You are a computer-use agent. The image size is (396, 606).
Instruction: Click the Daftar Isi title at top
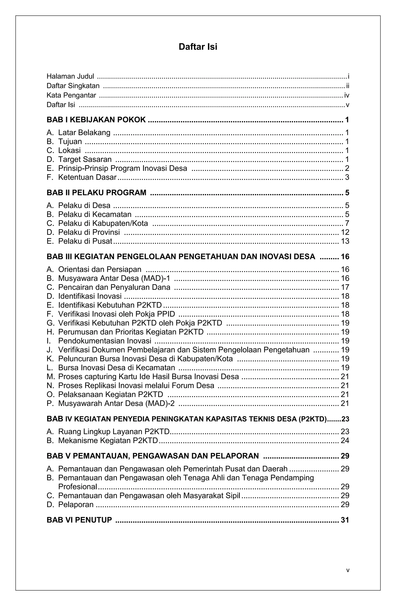198,47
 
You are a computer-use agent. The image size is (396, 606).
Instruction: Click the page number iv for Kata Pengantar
347,95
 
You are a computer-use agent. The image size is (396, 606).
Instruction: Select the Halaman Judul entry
70,76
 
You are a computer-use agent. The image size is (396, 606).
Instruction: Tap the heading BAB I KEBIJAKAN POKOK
96,120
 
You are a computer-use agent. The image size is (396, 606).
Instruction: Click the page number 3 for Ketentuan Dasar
347,177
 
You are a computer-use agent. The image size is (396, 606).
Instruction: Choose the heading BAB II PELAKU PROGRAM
96,193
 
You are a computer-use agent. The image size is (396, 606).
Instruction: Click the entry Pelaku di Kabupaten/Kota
103,223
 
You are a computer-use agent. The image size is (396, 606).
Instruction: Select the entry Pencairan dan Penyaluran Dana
114,287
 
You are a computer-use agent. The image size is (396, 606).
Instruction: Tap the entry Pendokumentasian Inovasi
105,341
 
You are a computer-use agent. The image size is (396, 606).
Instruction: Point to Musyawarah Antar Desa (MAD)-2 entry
116,403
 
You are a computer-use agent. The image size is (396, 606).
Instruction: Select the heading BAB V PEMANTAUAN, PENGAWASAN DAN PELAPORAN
153,456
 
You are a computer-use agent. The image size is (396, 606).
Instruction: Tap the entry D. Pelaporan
76,504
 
